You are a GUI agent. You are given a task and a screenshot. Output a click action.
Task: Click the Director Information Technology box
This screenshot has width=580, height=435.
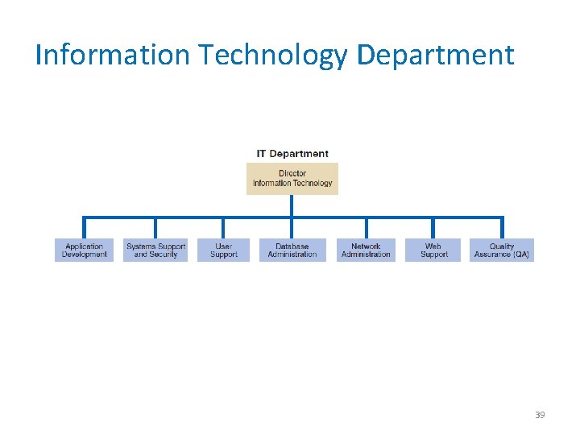pyautogui.click(x=292, y=178)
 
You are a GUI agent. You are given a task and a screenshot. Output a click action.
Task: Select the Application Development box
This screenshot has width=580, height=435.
pyautogui.click(x=85, y=251)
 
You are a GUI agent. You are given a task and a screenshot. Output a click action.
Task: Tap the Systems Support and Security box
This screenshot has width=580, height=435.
pyautogui.click(x=155, y=251)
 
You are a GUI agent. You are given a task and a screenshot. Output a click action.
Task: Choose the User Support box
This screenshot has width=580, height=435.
pyautogui.click(x=223, y=251)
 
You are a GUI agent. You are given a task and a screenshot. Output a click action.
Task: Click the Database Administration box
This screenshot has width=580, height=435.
pyautogui.click(x=292, y=251)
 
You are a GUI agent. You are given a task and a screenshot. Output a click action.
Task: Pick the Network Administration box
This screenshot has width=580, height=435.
pyautogui.click(x=366, y=251)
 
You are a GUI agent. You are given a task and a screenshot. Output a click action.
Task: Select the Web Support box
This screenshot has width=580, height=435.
pyautogui.click(x=433, y=251)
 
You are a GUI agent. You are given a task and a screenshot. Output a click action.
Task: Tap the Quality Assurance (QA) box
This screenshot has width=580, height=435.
pyautogui.click(x=502, y=251)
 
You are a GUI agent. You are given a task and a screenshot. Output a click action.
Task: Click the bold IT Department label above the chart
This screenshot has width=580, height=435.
pyautogui.click(x=292, y=153)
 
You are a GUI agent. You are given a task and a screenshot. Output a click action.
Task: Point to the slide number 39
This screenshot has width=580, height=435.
pyautogui.click(x=540, y=415)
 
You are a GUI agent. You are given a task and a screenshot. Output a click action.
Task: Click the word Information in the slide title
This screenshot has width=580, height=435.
pyautogui.click(x=114, y=55)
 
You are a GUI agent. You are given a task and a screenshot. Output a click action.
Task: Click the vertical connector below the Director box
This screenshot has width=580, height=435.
pyautogui.click(x=292, y=205)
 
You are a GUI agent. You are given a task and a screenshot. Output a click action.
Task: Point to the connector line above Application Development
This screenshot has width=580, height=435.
pyautogui.click(x=85, y=228)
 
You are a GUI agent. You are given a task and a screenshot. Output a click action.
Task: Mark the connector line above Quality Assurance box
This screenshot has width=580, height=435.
pyautogui.click(x=502, y=228)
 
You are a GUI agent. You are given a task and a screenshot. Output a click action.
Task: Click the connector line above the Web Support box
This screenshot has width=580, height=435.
pyautogui.click(x=433, y=228)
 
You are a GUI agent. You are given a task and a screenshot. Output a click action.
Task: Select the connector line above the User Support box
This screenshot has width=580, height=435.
pyautogui.click(x=223, y=228)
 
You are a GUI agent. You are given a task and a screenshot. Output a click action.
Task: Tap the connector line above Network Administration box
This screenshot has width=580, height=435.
pyautogui.click(x=366, y=228)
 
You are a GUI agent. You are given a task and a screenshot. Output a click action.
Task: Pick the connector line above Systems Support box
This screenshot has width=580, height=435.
pyautogui.click(x=155, y=228)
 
